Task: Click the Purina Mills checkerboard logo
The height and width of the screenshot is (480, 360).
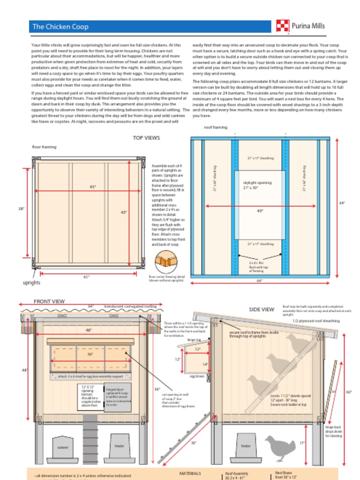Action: click(x=282, y=26)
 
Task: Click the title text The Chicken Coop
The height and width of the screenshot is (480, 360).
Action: click(x=60, y=27)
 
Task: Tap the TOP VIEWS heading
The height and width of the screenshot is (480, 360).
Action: click(x=146, y=138)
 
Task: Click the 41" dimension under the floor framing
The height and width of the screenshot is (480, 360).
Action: click(x=86, y=277)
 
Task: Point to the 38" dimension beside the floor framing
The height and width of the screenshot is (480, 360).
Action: click(x=22, y=209)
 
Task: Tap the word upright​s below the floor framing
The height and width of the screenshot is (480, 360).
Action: click(x=32, y=283)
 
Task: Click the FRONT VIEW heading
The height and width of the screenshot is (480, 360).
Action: click(x=49, y=301)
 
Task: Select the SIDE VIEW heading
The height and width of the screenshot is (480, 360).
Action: click(x=262, y=309)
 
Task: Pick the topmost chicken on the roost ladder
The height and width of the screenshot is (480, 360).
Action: click(x=298, y=344)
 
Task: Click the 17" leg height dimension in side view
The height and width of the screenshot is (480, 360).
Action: click(x=302, y=442)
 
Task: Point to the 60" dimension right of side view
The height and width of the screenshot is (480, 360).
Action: click(x=349, y=392)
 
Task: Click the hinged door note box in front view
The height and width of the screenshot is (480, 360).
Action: click(x=118, y=397)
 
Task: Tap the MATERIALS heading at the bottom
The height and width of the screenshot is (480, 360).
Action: click(x=190, y=473)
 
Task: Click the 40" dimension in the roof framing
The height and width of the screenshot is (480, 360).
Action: click(x=260, y=210)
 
